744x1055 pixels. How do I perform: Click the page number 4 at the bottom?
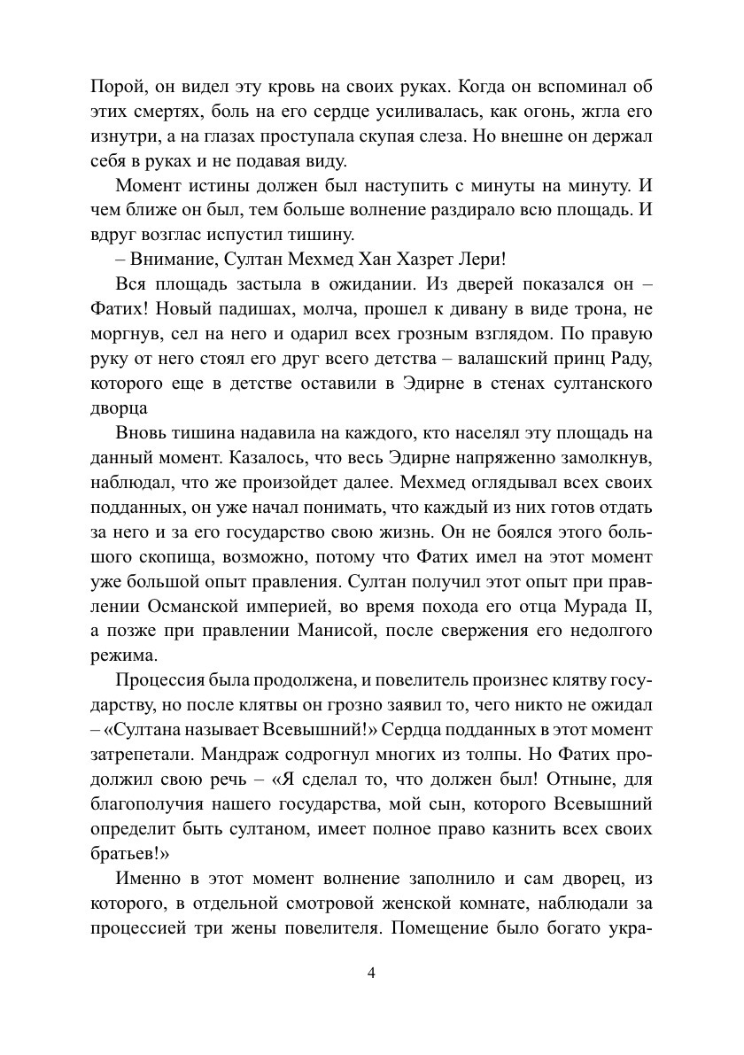point(372,973)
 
